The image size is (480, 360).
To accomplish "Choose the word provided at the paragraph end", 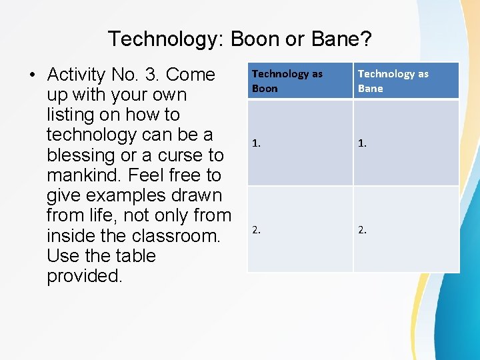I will pos(84,276).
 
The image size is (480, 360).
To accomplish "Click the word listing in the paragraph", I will pos(71,115).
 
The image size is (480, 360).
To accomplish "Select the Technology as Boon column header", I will pos(300,81).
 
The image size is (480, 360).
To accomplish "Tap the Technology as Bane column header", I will pos(406,81).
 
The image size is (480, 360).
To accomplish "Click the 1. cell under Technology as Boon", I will pos(300,143).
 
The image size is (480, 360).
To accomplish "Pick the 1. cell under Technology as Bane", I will pos(406,143).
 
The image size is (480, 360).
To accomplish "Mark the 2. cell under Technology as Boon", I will pos(300,229).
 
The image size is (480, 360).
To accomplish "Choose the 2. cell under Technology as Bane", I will pos(406,229).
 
